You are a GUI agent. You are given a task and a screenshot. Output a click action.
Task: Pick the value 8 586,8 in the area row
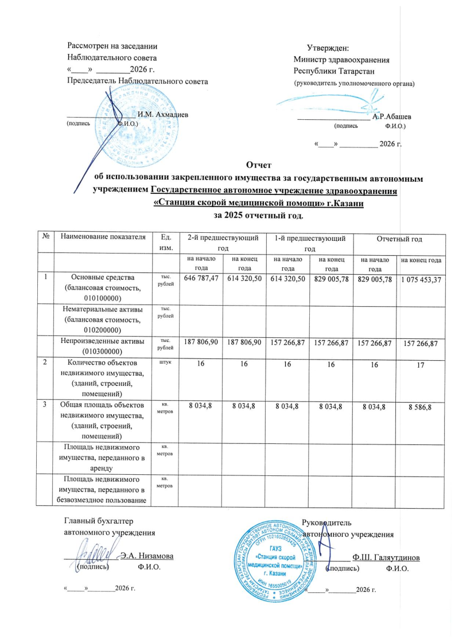[x=421, y=406]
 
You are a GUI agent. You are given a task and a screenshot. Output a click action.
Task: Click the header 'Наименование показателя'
[x=99, y=237]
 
